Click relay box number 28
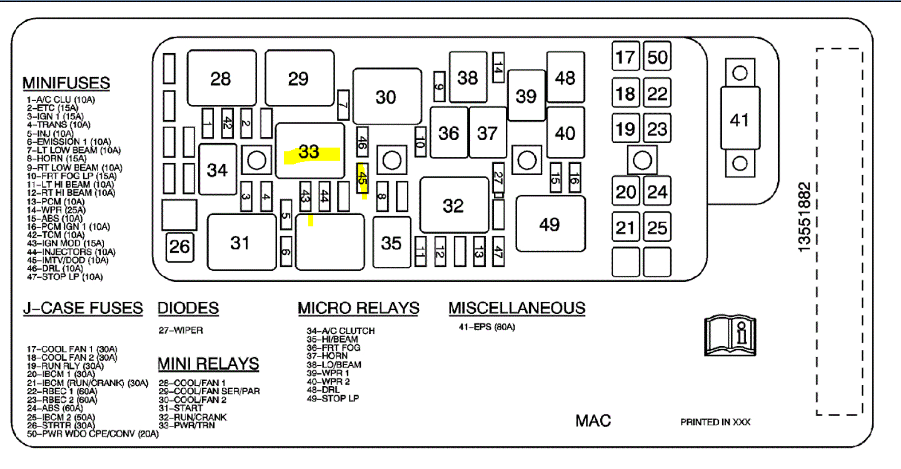pyautogui.click(x=222, y=78)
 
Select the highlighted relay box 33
pyautogui.click(x=310, y=151)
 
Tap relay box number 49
pyautogui.click(x=550, y=224)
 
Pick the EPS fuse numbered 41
pyautogui.click(x=740, y=119)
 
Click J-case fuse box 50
pyautogui.click(x=657, y=58)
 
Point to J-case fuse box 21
pyautogui.click(x=625, y=228)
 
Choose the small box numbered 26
pyautogui.click(x=179, y=247)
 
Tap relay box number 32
pyautogui.click(x=453, y=205)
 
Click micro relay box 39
pyautogui.click(x=526, y=96)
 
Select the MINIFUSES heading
pyautogui.click(x=66, y=83)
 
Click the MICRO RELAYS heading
pyautogui.click(x=358, y=308)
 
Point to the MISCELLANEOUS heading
pyautogui.click(x=516, y=308)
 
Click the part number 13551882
pyautogui.click(x=805, y=217)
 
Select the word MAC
pyautogui.click(x=593, y=421)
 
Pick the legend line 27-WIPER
pyautogui.click(x=181, y=330)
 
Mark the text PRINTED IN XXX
pyautogui.click(x=715, y=422)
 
